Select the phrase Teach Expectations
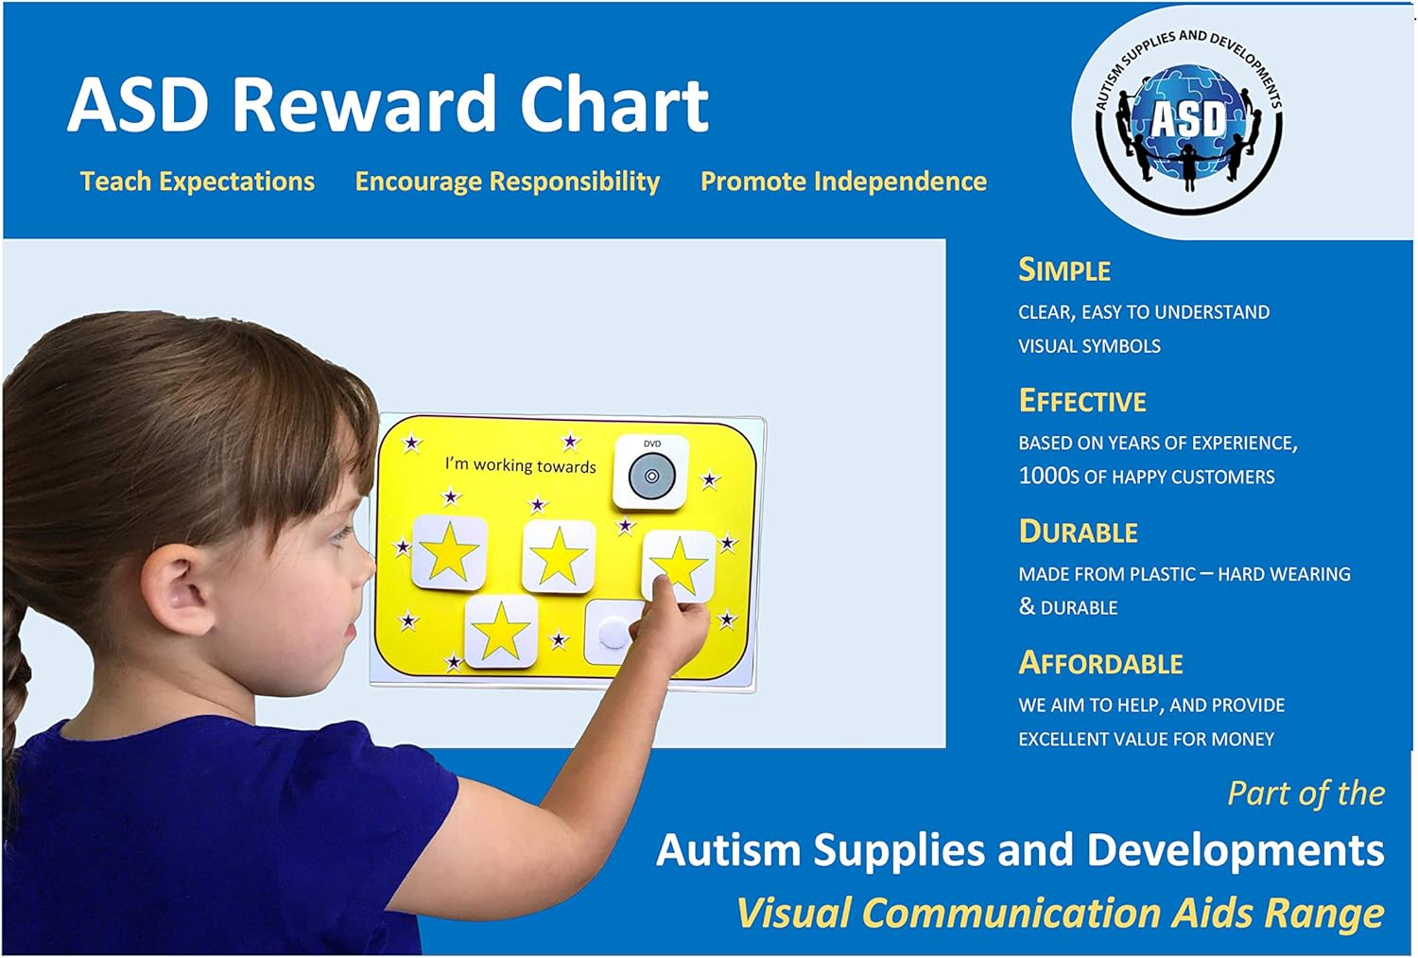point(198,182)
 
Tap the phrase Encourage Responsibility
point(507,182)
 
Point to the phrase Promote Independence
point(843,182)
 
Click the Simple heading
point(1064,270)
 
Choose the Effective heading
point(1082,402)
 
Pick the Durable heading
point(1078,532)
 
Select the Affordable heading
point(1100,664)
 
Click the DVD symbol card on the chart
point(651,473)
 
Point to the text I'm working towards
point(520,465)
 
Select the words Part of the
point(1306,793)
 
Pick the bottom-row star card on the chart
point(501,632)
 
